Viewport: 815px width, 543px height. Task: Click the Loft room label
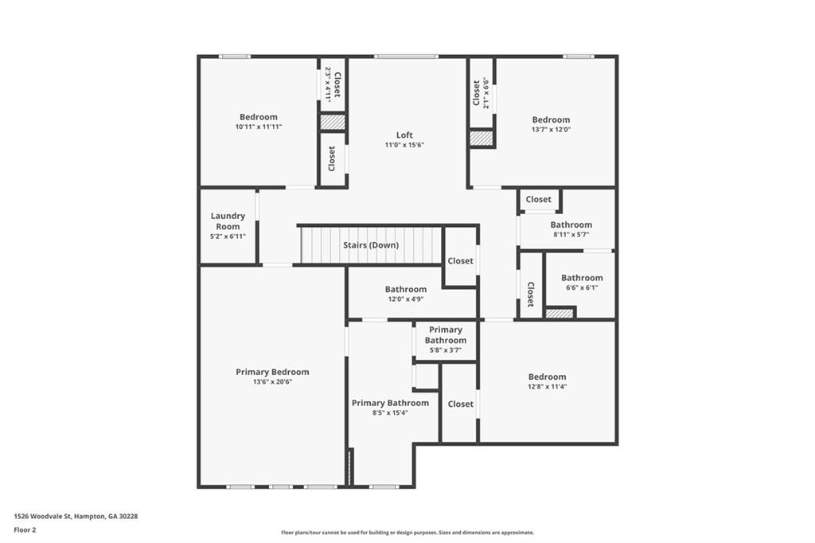(x=404, y=135)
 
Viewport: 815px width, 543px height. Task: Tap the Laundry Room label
(x=228, y=221)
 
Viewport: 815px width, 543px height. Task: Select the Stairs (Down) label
(x=371, y=245)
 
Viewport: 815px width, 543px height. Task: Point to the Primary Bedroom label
(x=272, y=372)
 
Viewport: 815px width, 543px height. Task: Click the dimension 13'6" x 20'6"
(x=272, y=382)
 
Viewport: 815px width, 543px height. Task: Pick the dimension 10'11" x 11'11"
(x=259, y=127)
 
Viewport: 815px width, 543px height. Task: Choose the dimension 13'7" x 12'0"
(x=551, y=130)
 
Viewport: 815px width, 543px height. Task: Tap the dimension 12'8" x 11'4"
(x=547, y=387)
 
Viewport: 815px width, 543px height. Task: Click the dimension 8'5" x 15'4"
(x=390, y=413)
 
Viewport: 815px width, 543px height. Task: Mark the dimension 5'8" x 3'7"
(x=445, y=350)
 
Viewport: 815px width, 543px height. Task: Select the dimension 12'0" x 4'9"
(x=406, y=299)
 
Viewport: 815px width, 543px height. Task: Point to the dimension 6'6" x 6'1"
(x=582, y=288)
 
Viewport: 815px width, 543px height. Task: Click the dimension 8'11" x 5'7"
(x=571, y=235)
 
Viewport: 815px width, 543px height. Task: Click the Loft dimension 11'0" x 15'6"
(x=404, y=145)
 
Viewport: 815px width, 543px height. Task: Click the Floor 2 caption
(x=25, y=529)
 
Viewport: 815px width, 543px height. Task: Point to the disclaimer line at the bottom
(x=407, y=533)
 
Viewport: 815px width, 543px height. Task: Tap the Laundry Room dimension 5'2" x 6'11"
(x=228, y=236)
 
